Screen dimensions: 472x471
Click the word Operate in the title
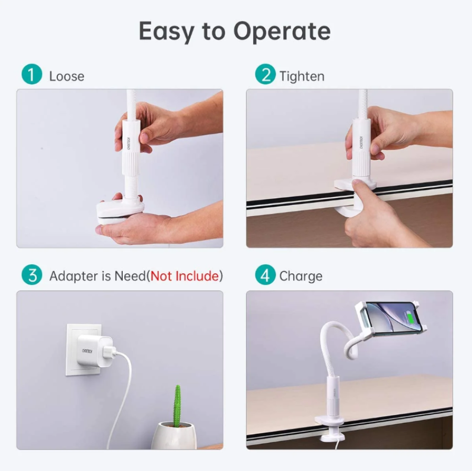(282, 31)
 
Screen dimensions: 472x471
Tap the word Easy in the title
(166, 31)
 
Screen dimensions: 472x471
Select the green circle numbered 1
(32, 74)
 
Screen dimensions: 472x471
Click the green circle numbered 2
(265, 74)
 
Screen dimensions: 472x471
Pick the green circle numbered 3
(32, 274)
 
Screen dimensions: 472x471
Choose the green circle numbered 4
(265, 274)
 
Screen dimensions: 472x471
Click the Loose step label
(67, 77)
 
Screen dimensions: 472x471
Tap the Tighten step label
(302, 77)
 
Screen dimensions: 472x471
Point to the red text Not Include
(185, 276)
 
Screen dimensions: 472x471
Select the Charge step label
(301, 276)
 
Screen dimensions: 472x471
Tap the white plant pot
(174, 435)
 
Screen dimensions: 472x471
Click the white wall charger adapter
(95, 350)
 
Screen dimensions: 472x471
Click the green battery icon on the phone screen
(410, 318)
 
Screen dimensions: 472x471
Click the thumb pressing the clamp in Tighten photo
(359, 192)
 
